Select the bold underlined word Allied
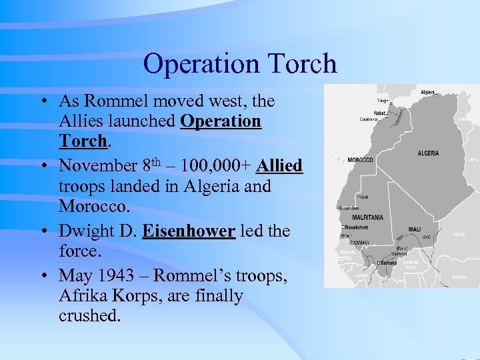tap(279, 165)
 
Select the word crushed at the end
tap(89, 315)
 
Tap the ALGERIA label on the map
tap(428, 153)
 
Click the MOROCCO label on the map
tap(361, 160)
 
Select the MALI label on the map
tap(414, 229)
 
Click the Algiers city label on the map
tap(427, 92)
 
